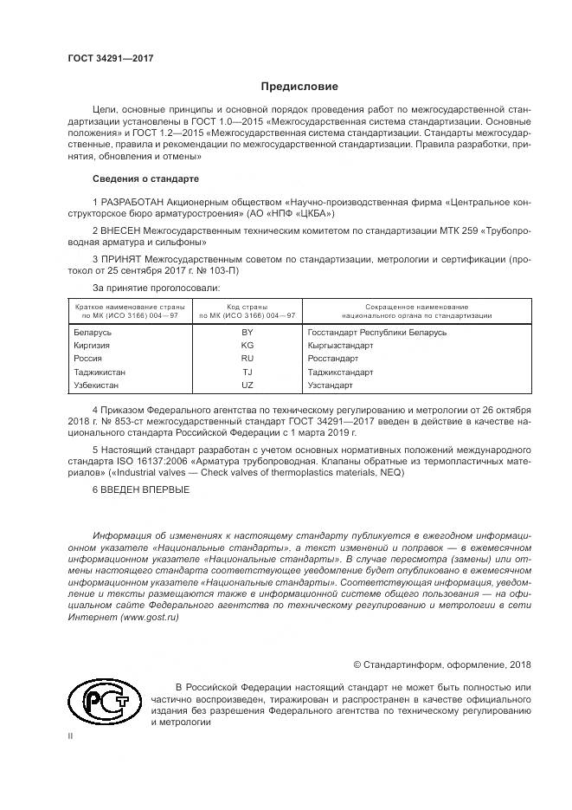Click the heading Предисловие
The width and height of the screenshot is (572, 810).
point(300,87)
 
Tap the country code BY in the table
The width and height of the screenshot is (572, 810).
point(247,332)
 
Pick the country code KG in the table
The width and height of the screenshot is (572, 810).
point(247,345)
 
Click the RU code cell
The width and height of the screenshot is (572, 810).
point(247,358)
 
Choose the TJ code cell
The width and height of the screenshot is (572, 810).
point(247,371)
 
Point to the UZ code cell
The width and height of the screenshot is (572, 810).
point(247,384)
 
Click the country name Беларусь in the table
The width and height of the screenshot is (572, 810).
point(93,332)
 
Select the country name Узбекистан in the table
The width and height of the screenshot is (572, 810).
point(97,384)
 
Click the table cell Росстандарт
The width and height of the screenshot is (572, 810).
point(332,358)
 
